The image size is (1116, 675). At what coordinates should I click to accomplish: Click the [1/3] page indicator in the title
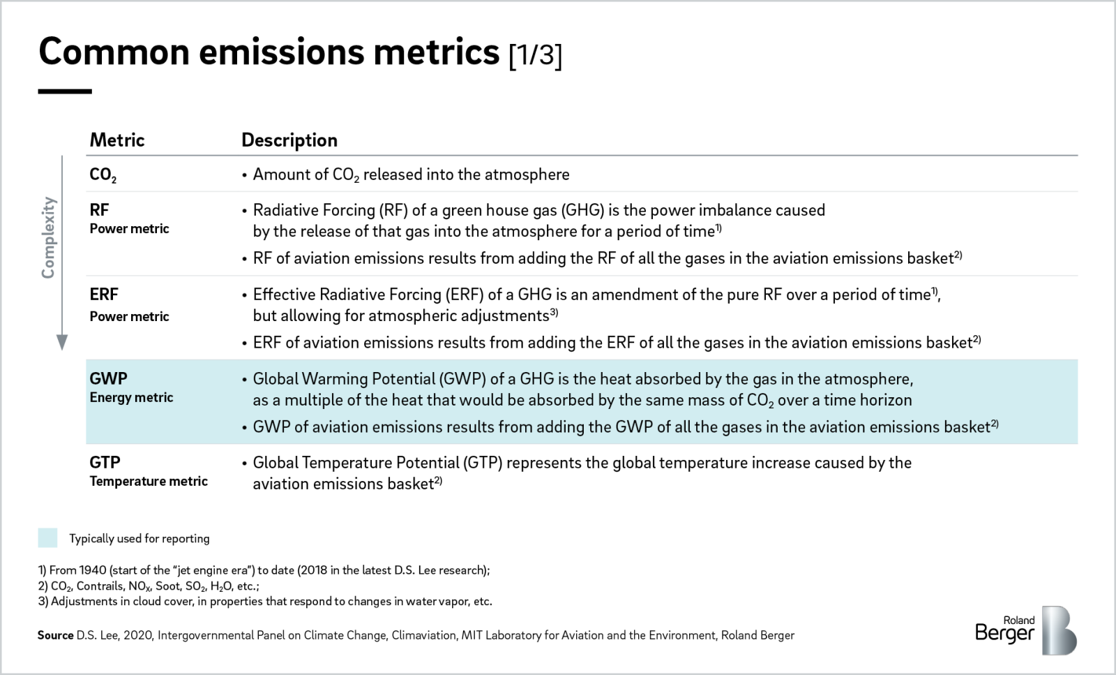pos(535,54)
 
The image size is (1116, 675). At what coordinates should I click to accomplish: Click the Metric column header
pos(117,140)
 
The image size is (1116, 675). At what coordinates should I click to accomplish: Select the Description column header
pos(289,140)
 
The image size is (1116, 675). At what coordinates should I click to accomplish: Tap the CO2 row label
pos(103,175)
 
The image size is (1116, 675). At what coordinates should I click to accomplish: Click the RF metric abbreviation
pos(99,210)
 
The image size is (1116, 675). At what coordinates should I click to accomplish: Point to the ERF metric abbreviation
pos(104,295)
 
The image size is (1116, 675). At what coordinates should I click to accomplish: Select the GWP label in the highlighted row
pos(108,378)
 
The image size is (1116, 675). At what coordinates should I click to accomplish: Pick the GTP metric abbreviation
pos(105,462)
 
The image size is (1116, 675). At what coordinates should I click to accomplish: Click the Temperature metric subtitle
pos(149,481)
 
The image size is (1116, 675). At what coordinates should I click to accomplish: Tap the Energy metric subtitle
pos(131,397)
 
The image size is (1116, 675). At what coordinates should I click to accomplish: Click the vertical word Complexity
pos(48,237)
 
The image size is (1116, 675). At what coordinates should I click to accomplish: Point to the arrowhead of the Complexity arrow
pos(62,342)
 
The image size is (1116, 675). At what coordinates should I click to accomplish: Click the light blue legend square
pos(47,537)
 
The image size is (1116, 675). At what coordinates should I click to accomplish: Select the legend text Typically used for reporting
pos(139,538)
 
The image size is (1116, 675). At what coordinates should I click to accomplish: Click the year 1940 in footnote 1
pos(93,570)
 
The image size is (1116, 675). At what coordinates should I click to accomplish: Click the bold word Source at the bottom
pos(55,635)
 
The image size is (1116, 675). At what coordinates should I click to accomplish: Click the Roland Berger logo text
pos(1005,630)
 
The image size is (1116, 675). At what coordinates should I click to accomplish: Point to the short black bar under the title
pos(65,91)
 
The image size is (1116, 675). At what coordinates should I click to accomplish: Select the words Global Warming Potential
pos(344,379)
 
